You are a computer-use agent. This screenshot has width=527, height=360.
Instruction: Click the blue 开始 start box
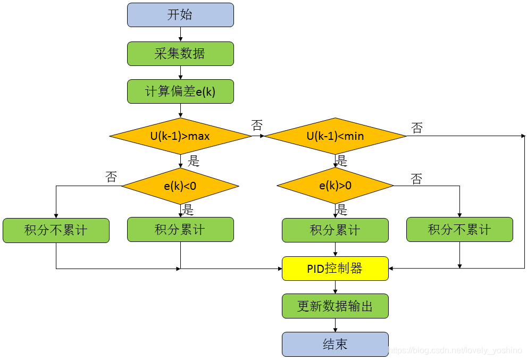(x=180, y=15)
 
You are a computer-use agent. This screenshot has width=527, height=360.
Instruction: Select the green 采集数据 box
(x=180, y=54)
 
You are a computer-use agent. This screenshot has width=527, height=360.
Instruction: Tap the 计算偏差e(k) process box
(x=180, y=91)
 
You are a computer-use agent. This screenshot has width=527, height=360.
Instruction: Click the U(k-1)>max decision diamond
(x=180, y=136)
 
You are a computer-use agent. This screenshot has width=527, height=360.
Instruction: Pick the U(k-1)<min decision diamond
(x=336, y=136)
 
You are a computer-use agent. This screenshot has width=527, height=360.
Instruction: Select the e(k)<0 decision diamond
(x=180, y=186)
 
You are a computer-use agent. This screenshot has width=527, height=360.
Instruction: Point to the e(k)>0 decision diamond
(x=336, y=186)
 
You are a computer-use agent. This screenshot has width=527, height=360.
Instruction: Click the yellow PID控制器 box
(x=335, y=269)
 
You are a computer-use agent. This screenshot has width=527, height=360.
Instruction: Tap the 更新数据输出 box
(x=335, y=306)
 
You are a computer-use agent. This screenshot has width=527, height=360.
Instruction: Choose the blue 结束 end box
(x=335, y=344)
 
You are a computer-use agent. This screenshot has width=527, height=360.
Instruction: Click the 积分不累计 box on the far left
(x=56, y=230)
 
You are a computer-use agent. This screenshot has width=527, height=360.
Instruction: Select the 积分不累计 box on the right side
(x=459, y=230)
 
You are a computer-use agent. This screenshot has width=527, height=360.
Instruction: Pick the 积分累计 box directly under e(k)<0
(x=180, y=230)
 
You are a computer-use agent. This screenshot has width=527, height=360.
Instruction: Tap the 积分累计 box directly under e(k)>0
(x=335, y=230)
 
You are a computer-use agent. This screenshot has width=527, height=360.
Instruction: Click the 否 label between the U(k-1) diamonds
(x=257, y=125)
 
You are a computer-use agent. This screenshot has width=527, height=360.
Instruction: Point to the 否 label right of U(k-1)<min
(x=417, y=128)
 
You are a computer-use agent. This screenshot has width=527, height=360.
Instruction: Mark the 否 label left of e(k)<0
(x=111, y=177)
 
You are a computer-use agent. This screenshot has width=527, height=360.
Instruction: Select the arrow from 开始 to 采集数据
(x=181, y=34)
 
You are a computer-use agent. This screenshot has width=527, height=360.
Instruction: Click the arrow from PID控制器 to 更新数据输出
(x=336, y=287)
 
